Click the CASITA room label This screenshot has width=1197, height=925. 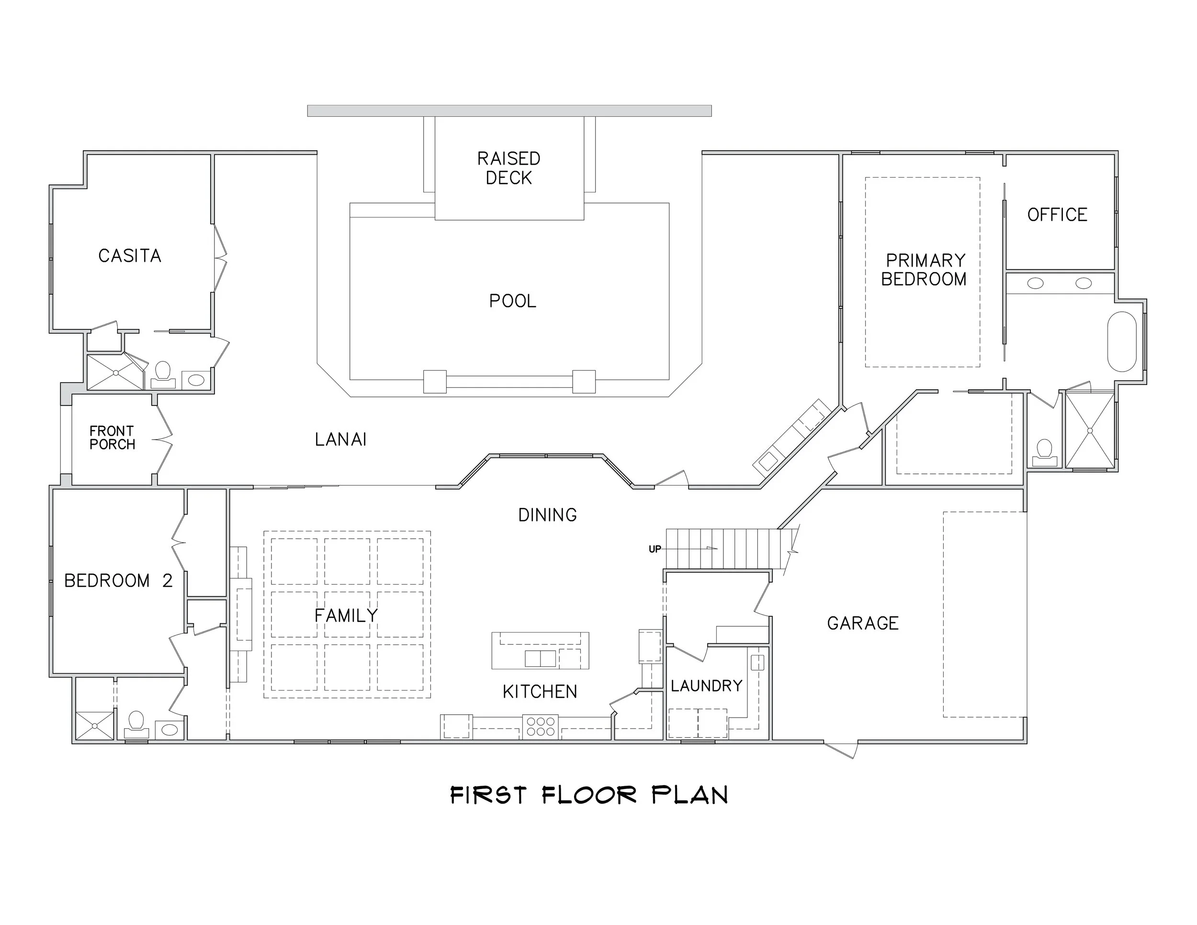point(130,256)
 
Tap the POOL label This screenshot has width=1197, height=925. point(512,301)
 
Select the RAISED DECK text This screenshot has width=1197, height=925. point(508,168)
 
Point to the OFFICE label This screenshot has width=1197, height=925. point(1057,215)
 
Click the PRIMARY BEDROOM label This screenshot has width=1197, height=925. point(925,270)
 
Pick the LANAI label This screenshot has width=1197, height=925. point(340,440)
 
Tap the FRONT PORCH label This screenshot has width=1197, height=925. point(113,438)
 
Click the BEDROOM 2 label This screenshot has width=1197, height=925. point(118,581)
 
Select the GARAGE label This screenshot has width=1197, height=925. point(863,623)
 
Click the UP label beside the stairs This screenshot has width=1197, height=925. point(655,549)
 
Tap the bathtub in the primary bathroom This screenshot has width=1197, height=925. point(1121,342)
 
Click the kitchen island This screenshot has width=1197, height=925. point(540,651)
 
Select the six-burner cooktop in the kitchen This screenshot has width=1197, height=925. point(541,727)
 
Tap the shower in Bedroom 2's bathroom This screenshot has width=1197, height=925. point(95,725)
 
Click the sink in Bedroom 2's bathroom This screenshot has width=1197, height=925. point(169,729)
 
